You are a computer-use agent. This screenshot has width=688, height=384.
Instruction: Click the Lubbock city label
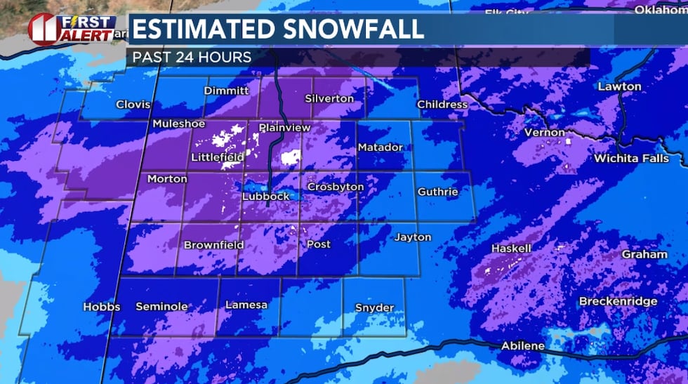tap(265, 197)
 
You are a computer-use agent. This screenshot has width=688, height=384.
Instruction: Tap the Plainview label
tap(284, 128)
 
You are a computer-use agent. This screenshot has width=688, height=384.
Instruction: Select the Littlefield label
tap(217, 157)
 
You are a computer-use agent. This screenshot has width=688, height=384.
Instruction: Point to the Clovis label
tap(133, 105)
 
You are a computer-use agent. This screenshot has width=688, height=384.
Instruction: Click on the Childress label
tap(442, 105)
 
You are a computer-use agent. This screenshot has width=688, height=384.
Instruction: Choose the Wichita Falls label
tap(631, 159)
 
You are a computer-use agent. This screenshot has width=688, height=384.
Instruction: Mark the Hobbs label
tap(102, 307)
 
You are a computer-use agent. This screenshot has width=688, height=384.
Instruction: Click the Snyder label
tap(374, 307)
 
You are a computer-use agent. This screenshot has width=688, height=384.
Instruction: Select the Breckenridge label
tap(618, 301)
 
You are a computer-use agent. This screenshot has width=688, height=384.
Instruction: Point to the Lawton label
tap(619, 86)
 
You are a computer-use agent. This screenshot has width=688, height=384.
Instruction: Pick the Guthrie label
tap(437, 192)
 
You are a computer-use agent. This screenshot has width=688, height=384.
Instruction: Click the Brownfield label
tap(213, 245)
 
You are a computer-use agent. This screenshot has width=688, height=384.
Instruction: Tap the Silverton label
tap(329, 98)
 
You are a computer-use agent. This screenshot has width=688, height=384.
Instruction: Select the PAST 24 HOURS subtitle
tap(192, 57)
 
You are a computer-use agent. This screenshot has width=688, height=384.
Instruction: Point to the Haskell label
tap(511, 249)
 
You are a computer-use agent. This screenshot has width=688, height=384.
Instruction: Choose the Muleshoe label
tap(179, 124)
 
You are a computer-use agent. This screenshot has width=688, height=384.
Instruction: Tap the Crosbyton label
tap(336, 187)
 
